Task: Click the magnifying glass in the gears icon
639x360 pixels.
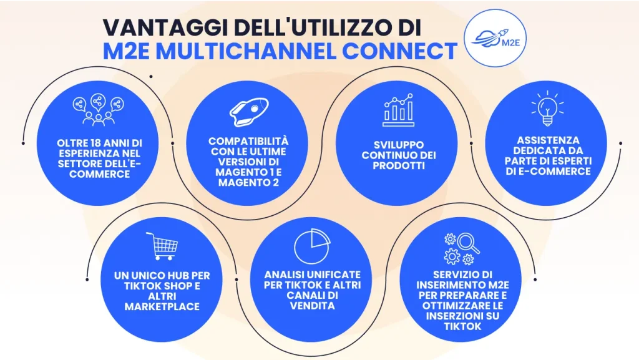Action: point(468,242)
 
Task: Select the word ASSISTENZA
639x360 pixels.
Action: point(545,141)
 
